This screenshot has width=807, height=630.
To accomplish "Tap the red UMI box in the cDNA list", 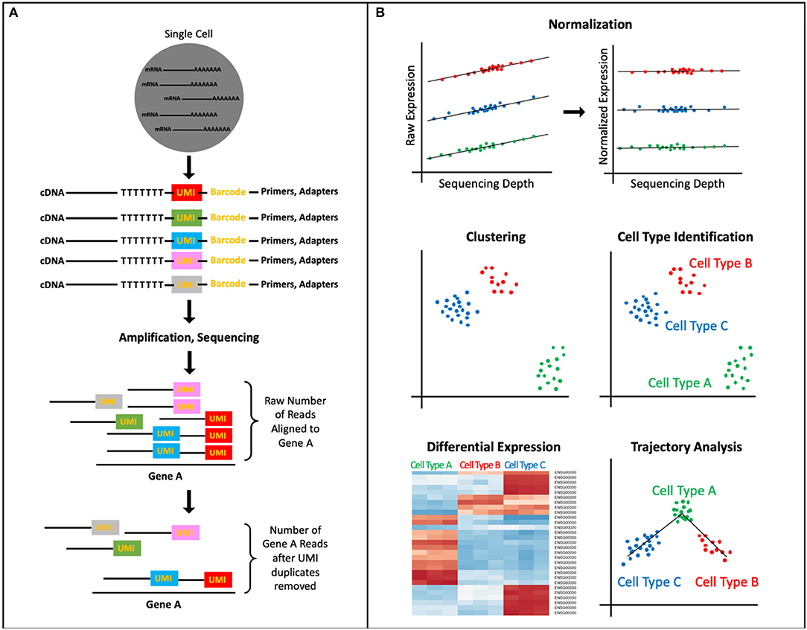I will pos(186,192).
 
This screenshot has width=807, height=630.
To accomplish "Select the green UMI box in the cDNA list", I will pos(186,217).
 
